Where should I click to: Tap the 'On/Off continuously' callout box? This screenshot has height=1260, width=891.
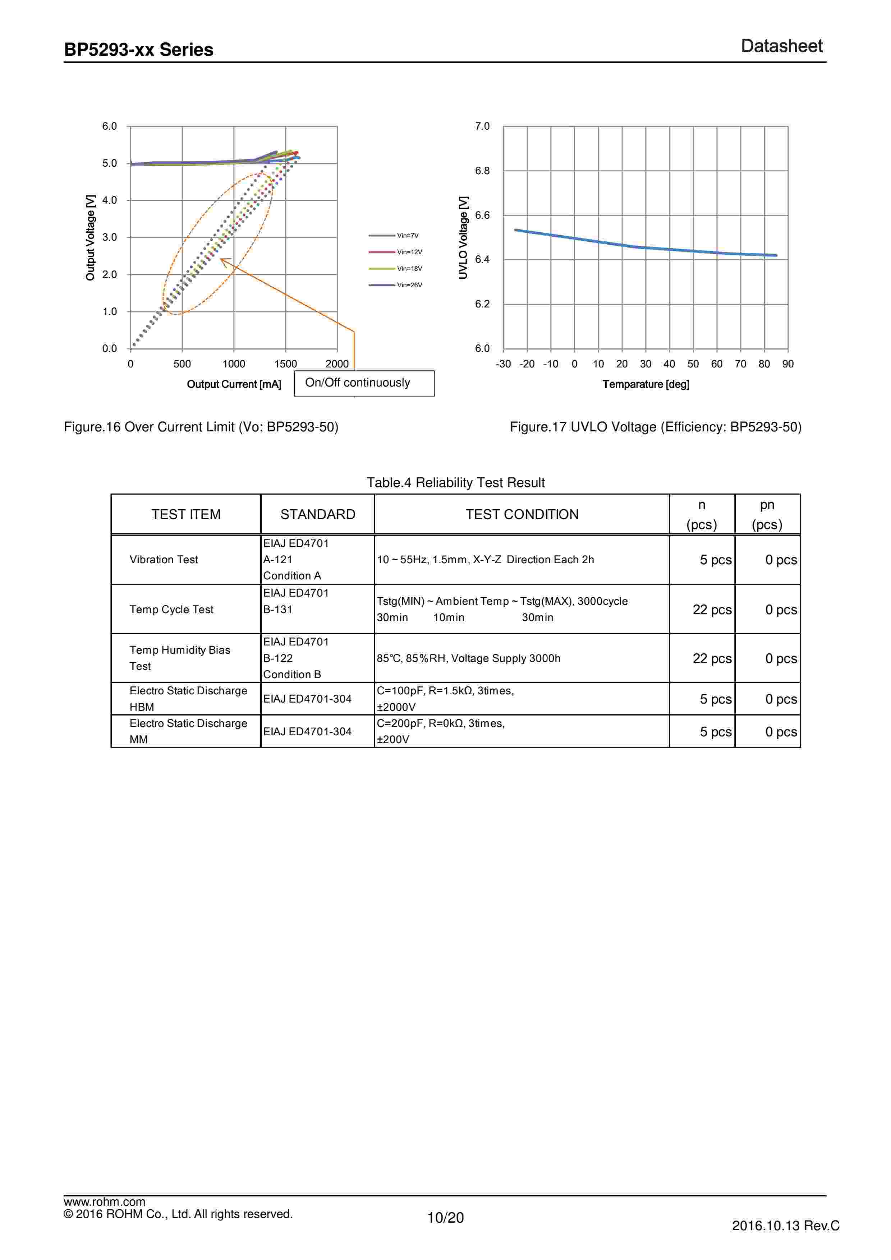[364, 383]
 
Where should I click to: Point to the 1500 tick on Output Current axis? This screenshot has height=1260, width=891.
[285, 364]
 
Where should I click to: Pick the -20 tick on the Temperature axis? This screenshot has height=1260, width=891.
[527, 364]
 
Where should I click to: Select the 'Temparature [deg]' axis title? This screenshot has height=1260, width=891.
[646, 384]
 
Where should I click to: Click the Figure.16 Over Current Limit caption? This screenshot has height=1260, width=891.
[201, 427]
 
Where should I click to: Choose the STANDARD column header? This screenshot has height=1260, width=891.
[318, 514]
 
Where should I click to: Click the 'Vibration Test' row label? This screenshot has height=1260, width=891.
[164, 560]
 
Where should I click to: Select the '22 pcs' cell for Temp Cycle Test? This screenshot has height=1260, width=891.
[712, 610]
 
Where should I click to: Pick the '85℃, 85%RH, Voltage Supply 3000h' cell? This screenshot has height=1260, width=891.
[468, 658]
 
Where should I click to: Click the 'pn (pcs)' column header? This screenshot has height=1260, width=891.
[767, 514]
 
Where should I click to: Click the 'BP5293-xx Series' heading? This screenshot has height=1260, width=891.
[139, 50]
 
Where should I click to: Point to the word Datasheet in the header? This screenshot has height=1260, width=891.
[781, 46]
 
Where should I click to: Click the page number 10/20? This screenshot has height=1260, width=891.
[445, 1218]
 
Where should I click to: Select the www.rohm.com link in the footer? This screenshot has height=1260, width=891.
[104, 1202]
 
